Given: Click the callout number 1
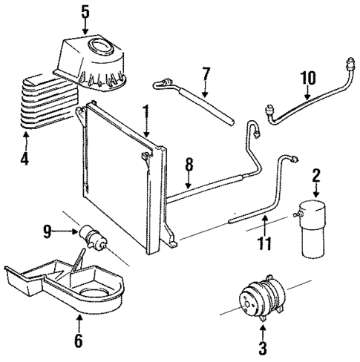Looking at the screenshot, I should [145, 113].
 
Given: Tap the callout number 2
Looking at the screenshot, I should [315, 176].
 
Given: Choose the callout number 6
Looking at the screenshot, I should [79, 341].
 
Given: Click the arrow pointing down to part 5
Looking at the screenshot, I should [85, 27].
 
